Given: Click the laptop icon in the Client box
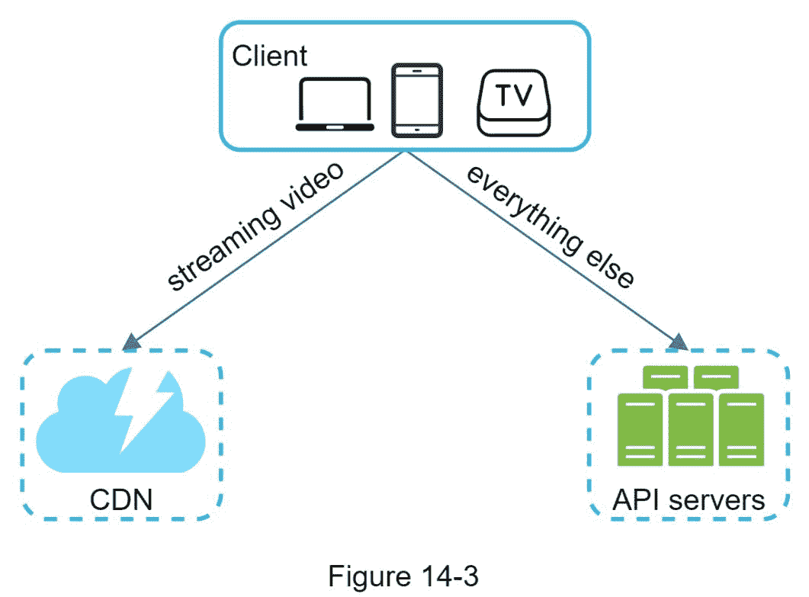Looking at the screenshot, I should pos(335,104).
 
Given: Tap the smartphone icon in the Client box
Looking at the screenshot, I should pos(416,99).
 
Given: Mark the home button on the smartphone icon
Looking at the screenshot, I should pos(416,131).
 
